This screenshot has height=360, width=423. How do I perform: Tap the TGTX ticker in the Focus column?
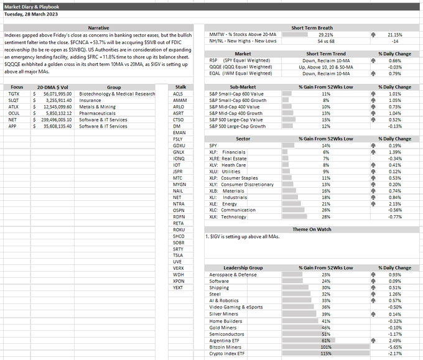(x=13, y=94)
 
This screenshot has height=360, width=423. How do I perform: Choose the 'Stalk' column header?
(x=180, y=88)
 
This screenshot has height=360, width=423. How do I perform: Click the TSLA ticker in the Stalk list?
(x=179, y=255)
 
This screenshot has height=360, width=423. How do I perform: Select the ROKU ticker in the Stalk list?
(x=179, y=229)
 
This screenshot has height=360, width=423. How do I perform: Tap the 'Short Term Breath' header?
(x=312, y=28)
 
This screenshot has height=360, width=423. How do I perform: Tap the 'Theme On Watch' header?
(x=312, y=229)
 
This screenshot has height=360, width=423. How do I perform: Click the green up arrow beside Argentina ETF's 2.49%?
(x=371, y=341)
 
